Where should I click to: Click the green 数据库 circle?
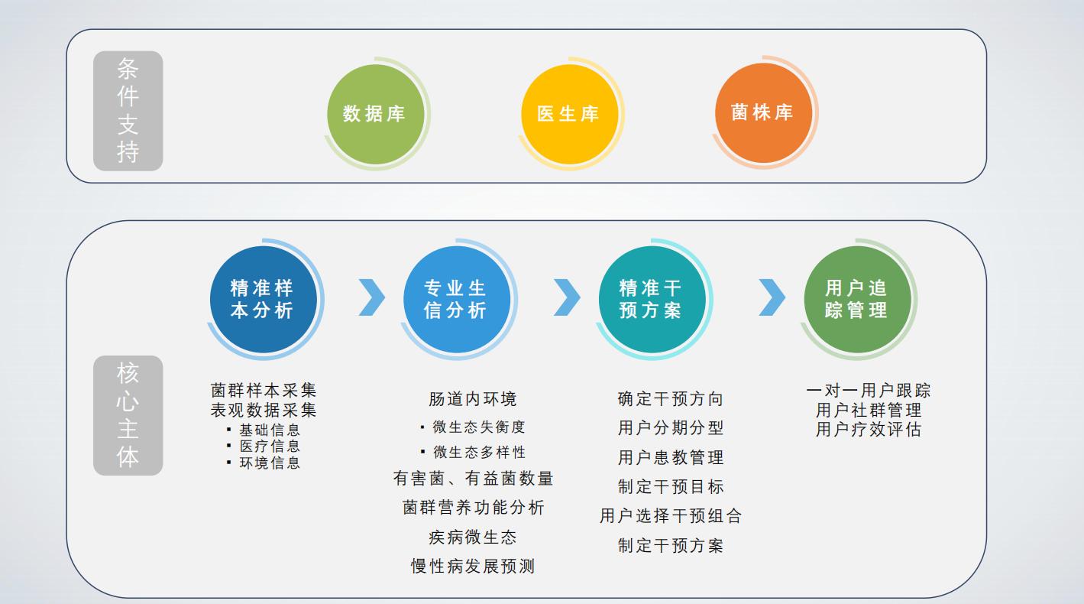[374, 114]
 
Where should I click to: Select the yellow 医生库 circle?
[568, 114]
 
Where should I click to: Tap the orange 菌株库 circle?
[762, 112]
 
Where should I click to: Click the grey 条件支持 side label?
[128, 111]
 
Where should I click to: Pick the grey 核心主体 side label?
[128, 415]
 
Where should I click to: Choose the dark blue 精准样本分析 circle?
[262, 299]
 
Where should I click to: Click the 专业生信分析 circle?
[455, 299]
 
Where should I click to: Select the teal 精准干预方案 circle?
[650, 299]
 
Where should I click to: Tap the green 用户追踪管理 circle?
[856, 299]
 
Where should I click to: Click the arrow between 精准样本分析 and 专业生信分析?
[372, 297]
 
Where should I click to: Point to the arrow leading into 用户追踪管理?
[772, 297]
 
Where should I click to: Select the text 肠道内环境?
[473, 399]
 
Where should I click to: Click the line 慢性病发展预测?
[473, 567]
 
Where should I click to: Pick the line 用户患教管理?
[670, 458]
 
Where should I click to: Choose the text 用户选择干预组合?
[670, 516]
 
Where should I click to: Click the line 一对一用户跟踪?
[868, 391]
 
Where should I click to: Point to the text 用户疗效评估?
[868, 430]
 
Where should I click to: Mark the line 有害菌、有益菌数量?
[473, 479]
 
